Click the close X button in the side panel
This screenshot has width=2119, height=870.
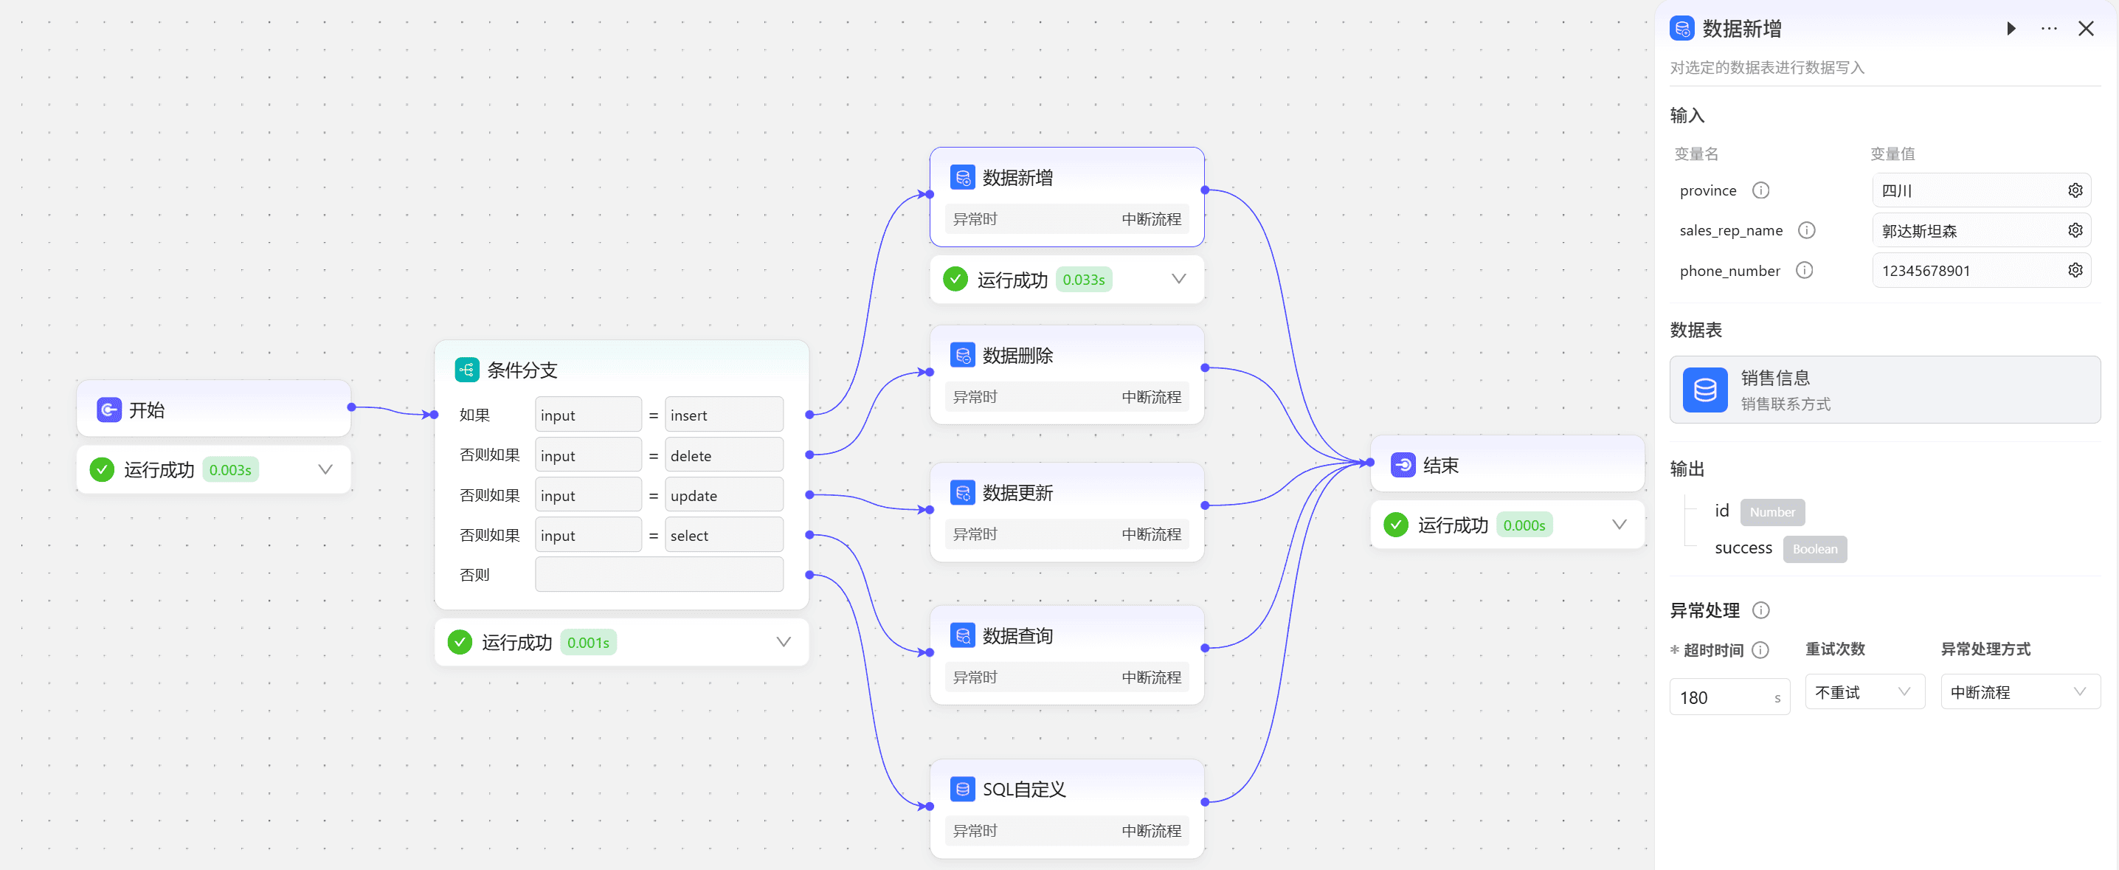tap(2085, 29)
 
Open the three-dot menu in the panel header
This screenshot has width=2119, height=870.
tap(2048, 29)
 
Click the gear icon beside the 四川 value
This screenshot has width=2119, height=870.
tap(2075, 190)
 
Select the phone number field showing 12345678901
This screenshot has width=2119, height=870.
tap(1981, 271)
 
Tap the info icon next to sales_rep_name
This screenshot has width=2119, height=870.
tap(1806, 230)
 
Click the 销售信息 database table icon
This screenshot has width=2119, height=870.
tap(1704, 390)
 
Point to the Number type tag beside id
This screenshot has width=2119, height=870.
tap(1772, 512)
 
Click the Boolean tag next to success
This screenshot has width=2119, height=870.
tap(1814, 549)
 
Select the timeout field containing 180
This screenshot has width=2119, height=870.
tap(1729, 697)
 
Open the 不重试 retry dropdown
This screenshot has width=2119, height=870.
tap(1864, 692)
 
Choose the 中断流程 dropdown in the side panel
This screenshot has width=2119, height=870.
tap(2019, 692)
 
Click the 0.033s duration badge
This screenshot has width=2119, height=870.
tap(1083, 280)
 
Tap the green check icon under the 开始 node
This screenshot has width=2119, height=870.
tap(102, 470)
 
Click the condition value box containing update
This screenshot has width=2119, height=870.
tap(724, 495)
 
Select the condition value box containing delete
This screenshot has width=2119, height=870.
tap(724, 455)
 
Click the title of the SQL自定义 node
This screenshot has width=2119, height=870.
tap(1023, 790)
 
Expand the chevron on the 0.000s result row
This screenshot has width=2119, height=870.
tap(1619, 525)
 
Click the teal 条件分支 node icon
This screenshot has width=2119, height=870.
tap(466, 370)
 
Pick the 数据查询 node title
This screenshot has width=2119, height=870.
tap(1017, 635)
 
